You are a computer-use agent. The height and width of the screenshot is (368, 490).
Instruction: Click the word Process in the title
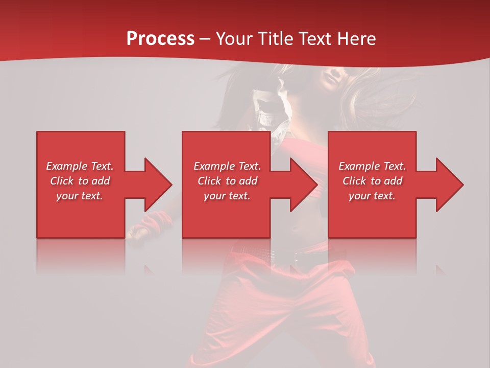(x=160, y=39)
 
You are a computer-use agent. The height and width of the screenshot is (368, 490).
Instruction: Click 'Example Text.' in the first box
(x=80, y=166)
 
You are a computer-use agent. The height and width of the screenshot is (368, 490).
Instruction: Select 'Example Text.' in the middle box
(x=227, y=166)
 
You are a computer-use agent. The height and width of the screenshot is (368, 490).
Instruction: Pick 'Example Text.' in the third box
(x=372, y=166)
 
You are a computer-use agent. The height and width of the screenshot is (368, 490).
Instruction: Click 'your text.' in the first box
(x=80, y=196)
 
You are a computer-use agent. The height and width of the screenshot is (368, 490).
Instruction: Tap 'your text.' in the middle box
(x=227, y=196)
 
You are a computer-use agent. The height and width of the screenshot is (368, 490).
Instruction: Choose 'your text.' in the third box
(x=372, y=196)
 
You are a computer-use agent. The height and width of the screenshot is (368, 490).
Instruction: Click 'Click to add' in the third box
(x=372, y=181)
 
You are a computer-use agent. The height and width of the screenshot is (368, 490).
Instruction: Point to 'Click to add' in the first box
(x=80, y=181)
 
